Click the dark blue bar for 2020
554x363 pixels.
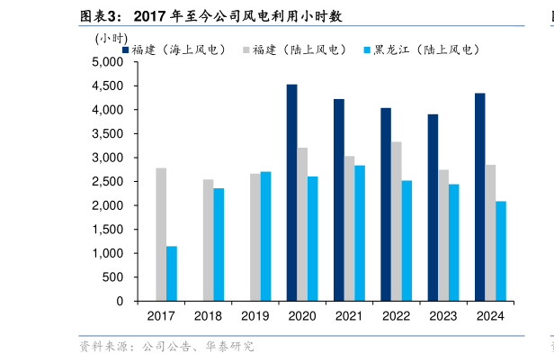292,193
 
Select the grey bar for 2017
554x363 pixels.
161,234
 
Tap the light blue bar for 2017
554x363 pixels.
172,273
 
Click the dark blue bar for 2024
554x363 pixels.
479,197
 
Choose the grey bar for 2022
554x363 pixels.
397,221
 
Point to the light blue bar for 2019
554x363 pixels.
265,236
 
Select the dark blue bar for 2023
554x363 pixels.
433,207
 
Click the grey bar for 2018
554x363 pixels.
208,240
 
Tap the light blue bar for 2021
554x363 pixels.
360,232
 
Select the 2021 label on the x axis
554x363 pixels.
349,316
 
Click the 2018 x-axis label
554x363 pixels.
208,316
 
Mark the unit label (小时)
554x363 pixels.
111,38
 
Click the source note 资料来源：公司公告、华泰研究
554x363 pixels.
166,347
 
